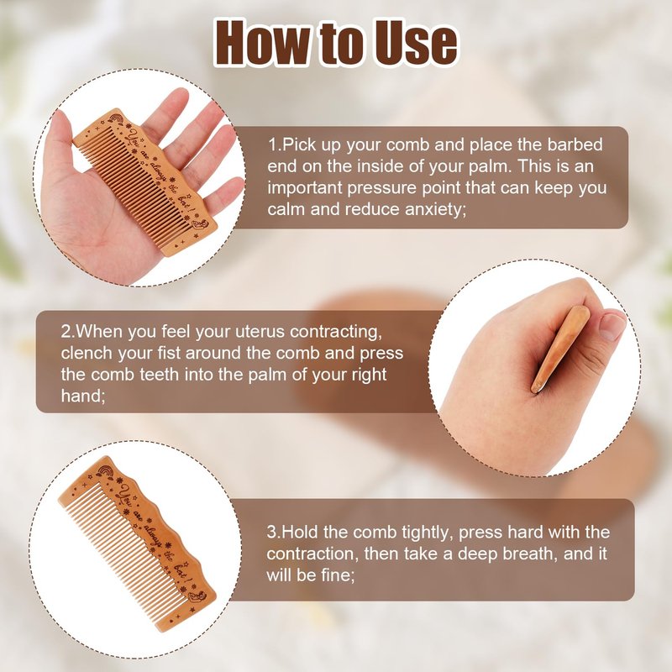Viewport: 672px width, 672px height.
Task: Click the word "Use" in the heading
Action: point(415,44)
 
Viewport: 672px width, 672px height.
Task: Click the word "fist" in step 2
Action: point(167,353)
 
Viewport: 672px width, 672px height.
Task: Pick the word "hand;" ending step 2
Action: point(83,396)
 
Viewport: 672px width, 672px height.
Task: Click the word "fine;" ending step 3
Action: point(338,575)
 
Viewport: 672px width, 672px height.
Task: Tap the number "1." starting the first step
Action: point(275,144)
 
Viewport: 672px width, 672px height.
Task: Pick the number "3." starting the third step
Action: point(274,533)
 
